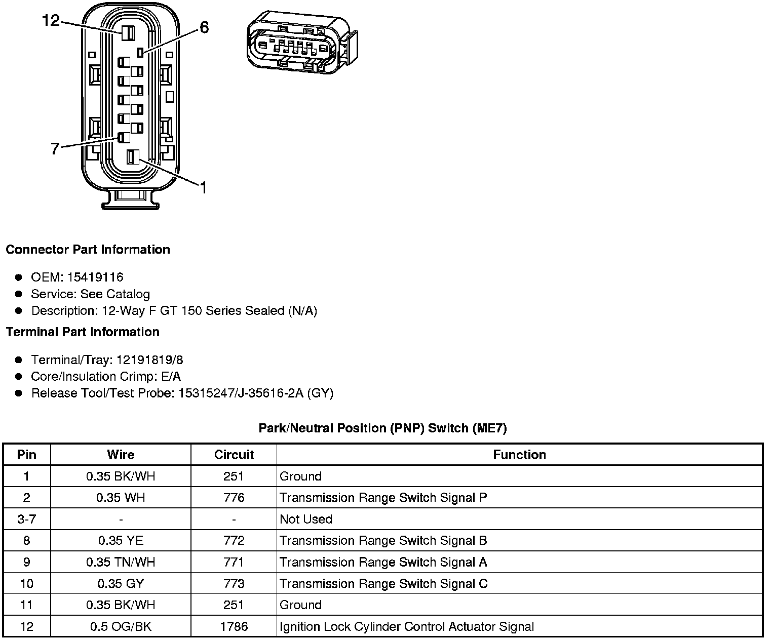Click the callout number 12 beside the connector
tap(51, 20)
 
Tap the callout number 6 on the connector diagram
tap(204, 27)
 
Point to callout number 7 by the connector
tap(55, 148)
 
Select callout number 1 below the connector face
tap(203, 188)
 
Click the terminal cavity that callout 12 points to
tap(127, 33)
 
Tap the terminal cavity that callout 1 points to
tap(132, 157)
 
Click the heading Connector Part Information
tap(88, 250)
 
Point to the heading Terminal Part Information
tap(83, 332)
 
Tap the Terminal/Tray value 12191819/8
tap(149, 360)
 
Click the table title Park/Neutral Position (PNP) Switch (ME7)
tap(382, 428)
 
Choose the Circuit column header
tap(234, 455)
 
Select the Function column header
tap(519, 455)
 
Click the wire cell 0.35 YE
tap(121, 541)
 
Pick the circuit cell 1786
tap(234, 627)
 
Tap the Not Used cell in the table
tap(306, 519)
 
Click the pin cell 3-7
tap(27, 519)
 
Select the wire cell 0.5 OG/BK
tap(121, 627)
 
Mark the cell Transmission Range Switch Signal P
tap(383, 498)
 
